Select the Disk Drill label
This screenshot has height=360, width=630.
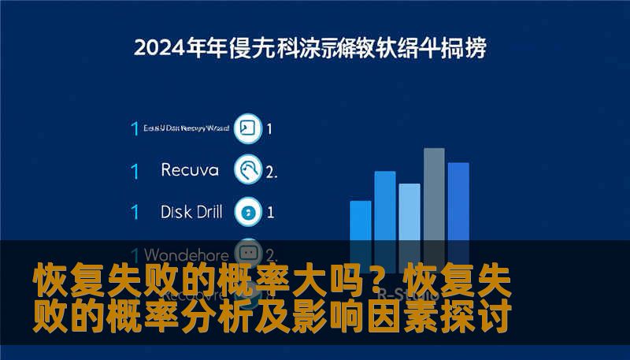191,211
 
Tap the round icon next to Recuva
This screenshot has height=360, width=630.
249,170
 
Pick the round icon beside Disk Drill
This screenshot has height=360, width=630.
249,212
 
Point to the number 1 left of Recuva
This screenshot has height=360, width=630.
135,170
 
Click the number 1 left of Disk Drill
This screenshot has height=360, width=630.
135,212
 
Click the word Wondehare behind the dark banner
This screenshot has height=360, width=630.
187,254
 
